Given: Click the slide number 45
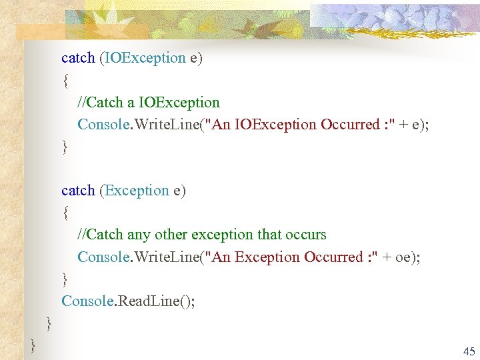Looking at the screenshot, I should click(469, 351).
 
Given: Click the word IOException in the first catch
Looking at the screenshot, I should click(144, 58).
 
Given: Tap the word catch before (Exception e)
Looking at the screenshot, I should click(78, 191).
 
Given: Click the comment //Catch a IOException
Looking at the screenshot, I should click(149, 103).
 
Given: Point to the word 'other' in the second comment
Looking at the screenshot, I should click(171, 235).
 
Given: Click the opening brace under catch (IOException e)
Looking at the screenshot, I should click(65, 81).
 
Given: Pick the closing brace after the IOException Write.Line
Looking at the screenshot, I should click(65, 147).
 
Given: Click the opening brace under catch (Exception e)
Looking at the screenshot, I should click(65, 213).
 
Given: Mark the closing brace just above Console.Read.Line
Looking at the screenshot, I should click(65, 279).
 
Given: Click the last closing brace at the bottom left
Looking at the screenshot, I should click(33, 345).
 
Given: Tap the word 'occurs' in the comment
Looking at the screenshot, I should click(306, 235).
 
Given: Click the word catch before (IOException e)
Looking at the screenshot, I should click(78, 58).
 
